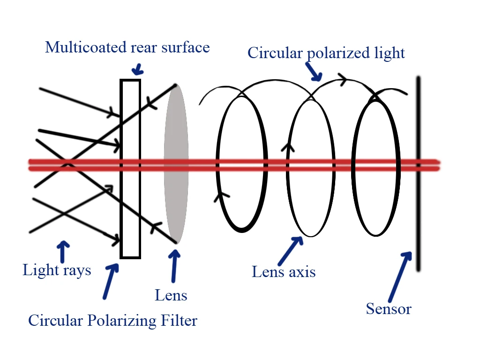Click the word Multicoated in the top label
pos(79,47)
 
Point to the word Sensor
pos(389,309)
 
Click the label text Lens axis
pos(284,272)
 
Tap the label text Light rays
pos(57,270)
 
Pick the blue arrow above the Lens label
pos(174,266)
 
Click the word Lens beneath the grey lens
pos(171,295)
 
